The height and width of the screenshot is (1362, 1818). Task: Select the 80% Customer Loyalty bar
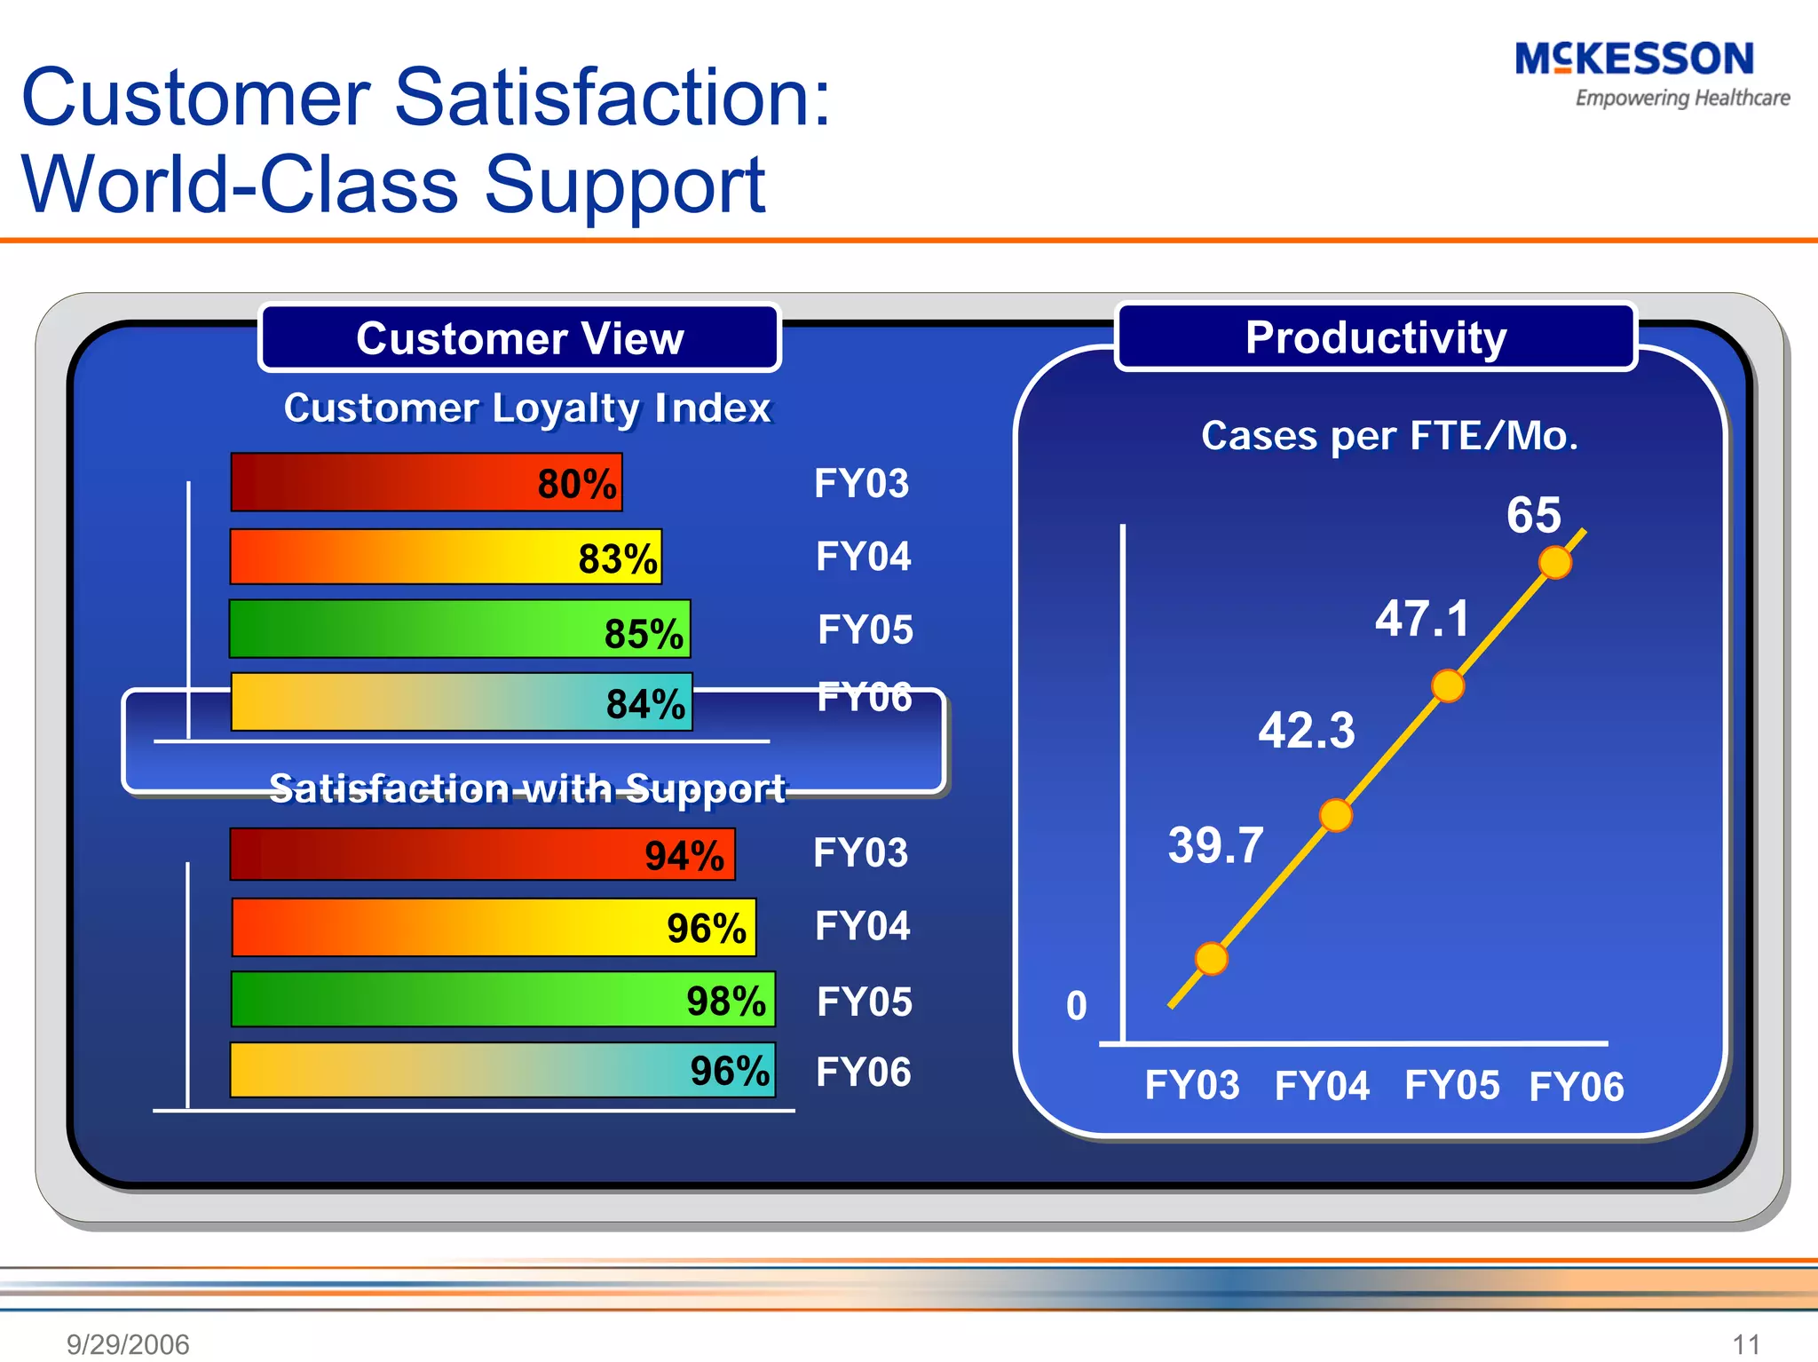point(426,482)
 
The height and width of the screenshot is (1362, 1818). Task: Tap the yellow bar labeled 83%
point(446,557)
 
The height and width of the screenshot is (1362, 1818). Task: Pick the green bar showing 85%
point(459,629)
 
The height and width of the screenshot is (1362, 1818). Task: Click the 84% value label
point(645,703)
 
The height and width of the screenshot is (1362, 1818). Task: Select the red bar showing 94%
point(482,854)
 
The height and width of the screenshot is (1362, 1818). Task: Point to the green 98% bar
point(502,999)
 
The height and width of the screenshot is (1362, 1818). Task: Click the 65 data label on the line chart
point(1533,515)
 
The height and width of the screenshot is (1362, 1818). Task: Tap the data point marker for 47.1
point(1448,685)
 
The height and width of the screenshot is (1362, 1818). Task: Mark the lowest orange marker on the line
point(1211,959)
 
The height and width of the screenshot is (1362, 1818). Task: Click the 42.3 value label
point(1306,731)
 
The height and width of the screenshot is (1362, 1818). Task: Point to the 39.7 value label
point(1215,844)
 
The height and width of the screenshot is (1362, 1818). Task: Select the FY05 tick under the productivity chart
point(1451,1085)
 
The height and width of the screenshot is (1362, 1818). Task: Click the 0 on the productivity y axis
point(1076,1006)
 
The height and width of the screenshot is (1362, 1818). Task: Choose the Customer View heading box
point(519,337)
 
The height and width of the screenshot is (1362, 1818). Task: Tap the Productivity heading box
point(1375,337)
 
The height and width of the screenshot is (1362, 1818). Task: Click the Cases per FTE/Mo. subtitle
point(1389,436)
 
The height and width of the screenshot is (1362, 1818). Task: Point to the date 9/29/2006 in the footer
point(128,1343)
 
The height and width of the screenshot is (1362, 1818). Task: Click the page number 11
point(1745,1343)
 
